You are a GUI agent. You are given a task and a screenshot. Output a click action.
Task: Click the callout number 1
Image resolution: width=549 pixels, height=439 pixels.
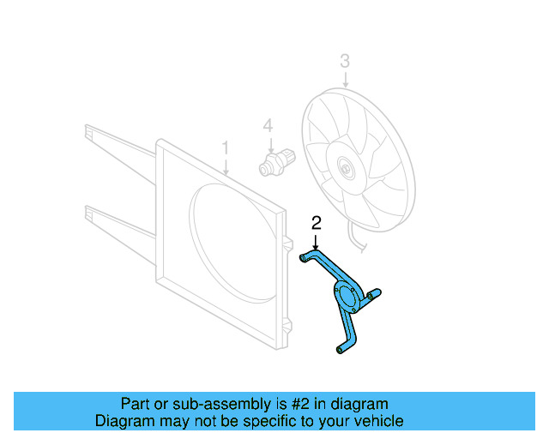point(226,148)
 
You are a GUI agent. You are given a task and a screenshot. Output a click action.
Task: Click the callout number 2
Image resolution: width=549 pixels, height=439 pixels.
point(317,223)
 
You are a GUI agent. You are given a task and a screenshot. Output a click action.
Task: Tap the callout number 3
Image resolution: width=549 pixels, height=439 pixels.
point(345,61)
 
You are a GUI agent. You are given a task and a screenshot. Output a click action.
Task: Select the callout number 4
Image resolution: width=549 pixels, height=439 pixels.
point(268,126)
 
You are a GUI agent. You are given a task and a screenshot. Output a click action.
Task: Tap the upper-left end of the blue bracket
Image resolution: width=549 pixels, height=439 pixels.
point(305,256)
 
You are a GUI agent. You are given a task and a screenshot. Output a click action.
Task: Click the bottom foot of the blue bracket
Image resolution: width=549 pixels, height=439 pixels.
point(339,348)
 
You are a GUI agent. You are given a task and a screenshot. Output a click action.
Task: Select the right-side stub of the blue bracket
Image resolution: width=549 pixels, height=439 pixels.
point(375,294)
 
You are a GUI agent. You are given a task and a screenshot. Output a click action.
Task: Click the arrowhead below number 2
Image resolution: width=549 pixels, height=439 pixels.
point(317,246)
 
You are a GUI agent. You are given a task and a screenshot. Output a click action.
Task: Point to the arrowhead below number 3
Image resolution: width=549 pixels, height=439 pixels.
point(345,85)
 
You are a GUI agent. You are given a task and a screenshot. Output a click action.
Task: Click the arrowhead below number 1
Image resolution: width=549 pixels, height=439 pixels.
point(226,173)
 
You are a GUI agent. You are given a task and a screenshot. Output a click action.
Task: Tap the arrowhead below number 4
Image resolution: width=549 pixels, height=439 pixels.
point(268,148)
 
